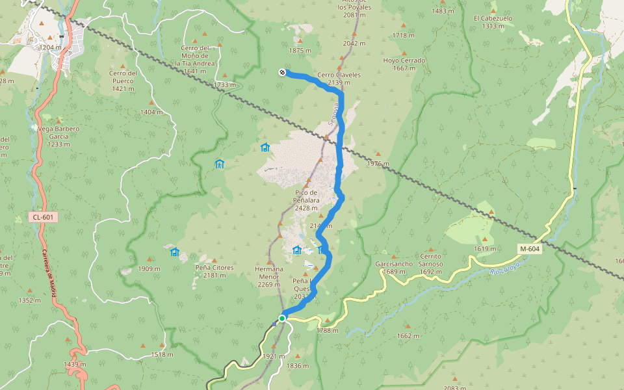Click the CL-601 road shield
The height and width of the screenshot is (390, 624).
point(41,217)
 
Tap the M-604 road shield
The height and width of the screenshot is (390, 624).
point(528,249)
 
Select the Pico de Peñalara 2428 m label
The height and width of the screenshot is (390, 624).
point(306,200)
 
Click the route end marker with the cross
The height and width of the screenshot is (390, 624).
point(282,72)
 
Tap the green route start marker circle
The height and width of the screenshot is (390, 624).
point(282,318)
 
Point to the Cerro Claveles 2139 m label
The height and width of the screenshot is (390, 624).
point(339,79)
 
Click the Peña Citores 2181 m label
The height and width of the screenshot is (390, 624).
point(214,271)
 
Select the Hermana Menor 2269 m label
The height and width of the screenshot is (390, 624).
point(269,276)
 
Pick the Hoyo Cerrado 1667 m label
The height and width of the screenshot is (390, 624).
point(404,64)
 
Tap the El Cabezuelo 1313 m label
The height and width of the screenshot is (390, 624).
point(493,22)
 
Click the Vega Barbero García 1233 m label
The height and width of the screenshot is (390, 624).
point(55,136)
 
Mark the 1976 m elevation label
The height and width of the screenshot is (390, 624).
point(378,163)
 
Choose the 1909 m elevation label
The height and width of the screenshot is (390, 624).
point(149,268)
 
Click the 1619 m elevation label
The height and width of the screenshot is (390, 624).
point(485,249)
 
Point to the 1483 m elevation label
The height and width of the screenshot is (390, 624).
point(443,11)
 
